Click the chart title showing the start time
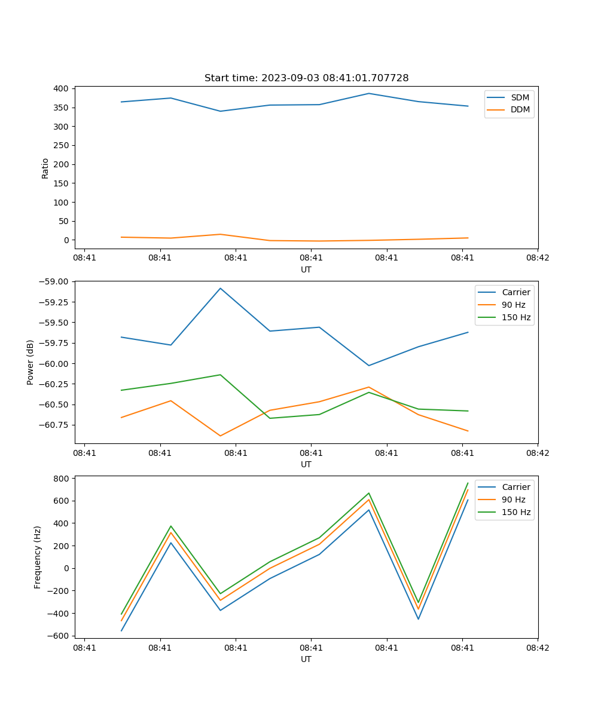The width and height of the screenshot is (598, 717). (x=306, y=78)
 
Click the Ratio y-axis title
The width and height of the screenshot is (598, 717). (x=45, y=168)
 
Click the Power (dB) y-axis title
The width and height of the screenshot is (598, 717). (x=30, y=362)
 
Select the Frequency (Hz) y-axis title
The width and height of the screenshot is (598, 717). (x=38, y=557)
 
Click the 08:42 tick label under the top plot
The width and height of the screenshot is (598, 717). (x=537, y=258)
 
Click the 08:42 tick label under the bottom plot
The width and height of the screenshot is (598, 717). (x=537, y=648)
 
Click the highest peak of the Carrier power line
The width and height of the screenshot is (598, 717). (x=220, y=289)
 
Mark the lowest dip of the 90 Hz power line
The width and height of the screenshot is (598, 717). (x=220, y=436)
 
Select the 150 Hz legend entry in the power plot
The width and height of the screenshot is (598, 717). (x=516, y=318)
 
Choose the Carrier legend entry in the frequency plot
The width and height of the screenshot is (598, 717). (x=516, y=487)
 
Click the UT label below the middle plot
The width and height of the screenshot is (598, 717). (x=306, y=464)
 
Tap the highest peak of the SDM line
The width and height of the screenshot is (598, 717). (x=369, y=93)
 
